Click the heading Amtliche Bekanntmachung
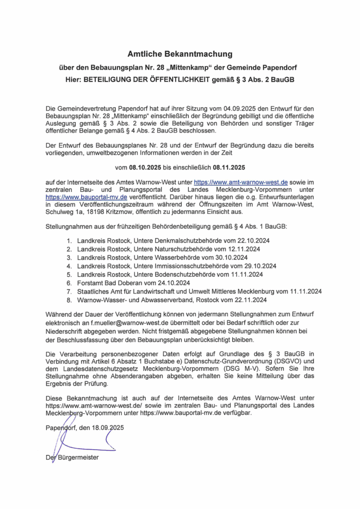point(180,53)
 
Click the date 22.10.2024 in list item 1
point(243,240)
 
